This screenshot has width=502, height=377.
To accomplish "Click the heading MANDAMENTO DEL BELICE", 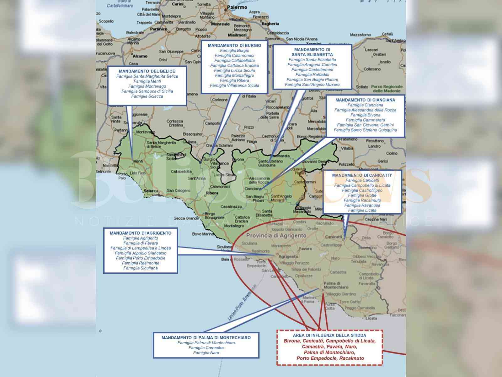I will [147, 71].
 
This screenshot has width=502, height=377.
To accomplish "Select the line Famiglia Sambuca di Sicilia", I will [147, 91].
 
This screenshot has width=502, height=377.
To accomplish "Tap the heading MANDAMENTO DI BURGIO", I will [234, 46].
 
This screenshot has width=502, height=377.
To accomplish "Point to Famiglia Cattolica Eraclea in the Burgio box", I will [234, 66].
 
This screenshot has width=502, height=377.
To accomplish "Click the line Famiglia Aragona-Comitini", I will [312, 65].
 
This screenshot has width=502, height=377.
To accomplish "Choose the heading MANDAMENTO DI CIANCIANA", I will [365, 100].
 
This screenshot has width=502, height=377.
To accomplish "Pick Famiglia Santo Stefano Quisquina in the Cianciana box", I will [365, 130].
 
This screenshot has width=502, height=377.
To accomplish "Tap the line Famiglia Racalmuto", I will [362, 200].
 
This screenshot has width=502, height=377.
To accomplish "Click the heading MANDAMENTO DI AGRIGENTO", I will [141, 233].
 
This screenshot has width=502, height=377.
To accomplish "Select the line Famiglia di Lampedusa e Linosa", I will [141, 248].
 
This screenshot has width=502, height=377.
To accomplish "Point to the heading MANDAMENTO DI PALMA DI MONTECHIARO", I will [206, 338].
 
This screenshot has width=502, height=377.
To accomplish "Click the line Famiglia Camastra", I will [206, 348].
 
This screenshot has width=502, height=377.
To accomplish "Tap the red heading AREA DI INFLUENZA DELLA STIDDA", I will [329, 336].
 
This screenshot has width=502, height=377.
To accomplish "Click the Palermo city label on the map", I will [237, 7].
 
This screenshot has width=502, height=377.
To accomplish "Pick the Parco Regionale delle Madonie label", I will [387, 89].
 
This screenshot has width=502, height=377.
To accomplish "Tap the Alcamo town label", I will [140, 56].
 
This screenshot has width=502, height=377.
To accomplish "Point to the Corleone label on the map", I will [220, 100].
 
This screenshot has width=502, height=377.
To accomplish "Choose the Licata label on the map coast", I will [371, 318].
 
